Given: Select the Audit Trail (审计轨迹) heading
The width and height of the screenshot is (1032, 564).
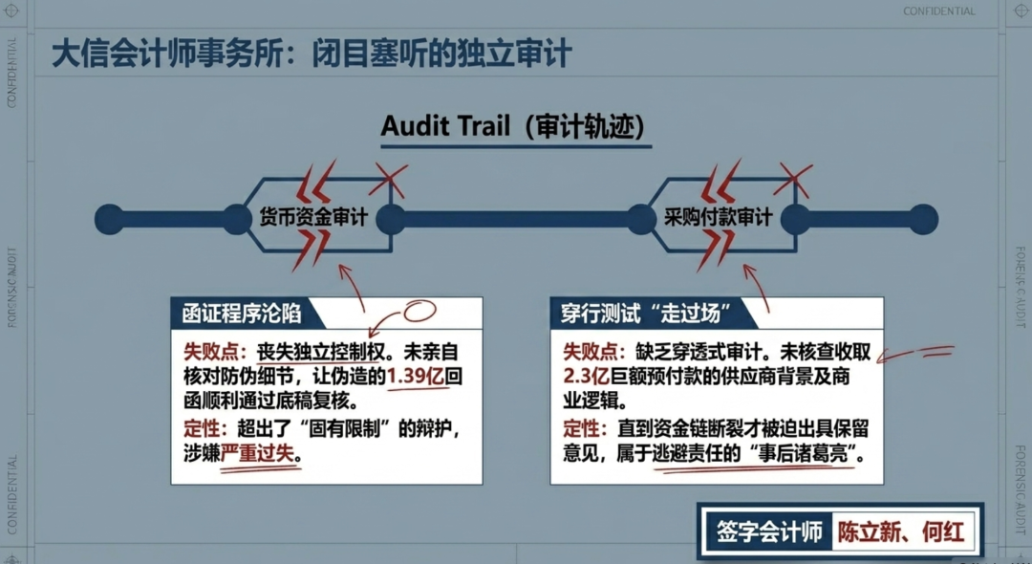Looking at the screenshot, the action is point(513,125).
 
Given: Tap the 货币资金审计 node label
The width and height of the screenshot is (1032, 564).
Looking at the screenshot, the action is point(312,216).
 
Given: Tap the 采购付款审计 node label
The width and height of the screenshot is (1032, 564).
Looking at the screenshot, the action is point(718,216).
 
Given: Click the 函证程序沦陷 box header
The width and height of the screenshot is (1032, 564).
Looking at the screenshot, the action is point(242,314).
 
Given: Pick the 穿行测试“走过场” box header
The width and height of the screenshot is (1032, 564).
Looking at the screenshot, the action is point(646,314).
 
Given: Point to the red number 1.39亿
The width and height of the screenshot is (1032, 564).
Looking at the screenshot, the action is point(416,377).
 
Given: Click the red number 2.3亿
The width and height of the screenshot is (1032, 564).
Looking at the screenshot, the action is point(587,377).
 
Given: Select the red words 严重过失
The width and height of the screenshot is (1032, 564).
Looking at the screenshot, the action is point(257,453).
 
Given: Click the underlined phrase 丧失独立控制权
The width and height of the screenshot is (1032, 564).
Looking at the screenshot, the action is point(320,352).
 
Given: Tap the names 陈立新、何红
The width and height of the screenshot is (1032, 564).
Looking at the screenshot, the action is point(901,531).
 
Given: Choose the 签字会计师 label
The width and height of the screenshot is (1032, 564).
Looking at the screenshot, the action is point(769,531).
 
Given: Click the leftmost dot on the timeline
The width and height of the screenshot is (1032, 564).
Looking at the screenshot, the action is point(109,219).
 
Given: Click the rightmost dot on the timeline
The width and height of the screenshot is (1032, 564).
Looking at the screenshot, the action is point(923,219).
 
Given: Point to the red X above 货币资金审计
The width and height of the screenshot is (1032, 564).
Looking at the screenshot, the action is point(388,180).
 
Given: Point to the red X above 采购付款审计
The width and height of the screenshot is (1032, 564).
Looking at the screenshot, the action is point(793,180).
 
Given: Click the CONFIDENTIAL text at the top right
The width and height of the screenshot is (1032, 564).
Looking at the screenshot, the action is point(939,11).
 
